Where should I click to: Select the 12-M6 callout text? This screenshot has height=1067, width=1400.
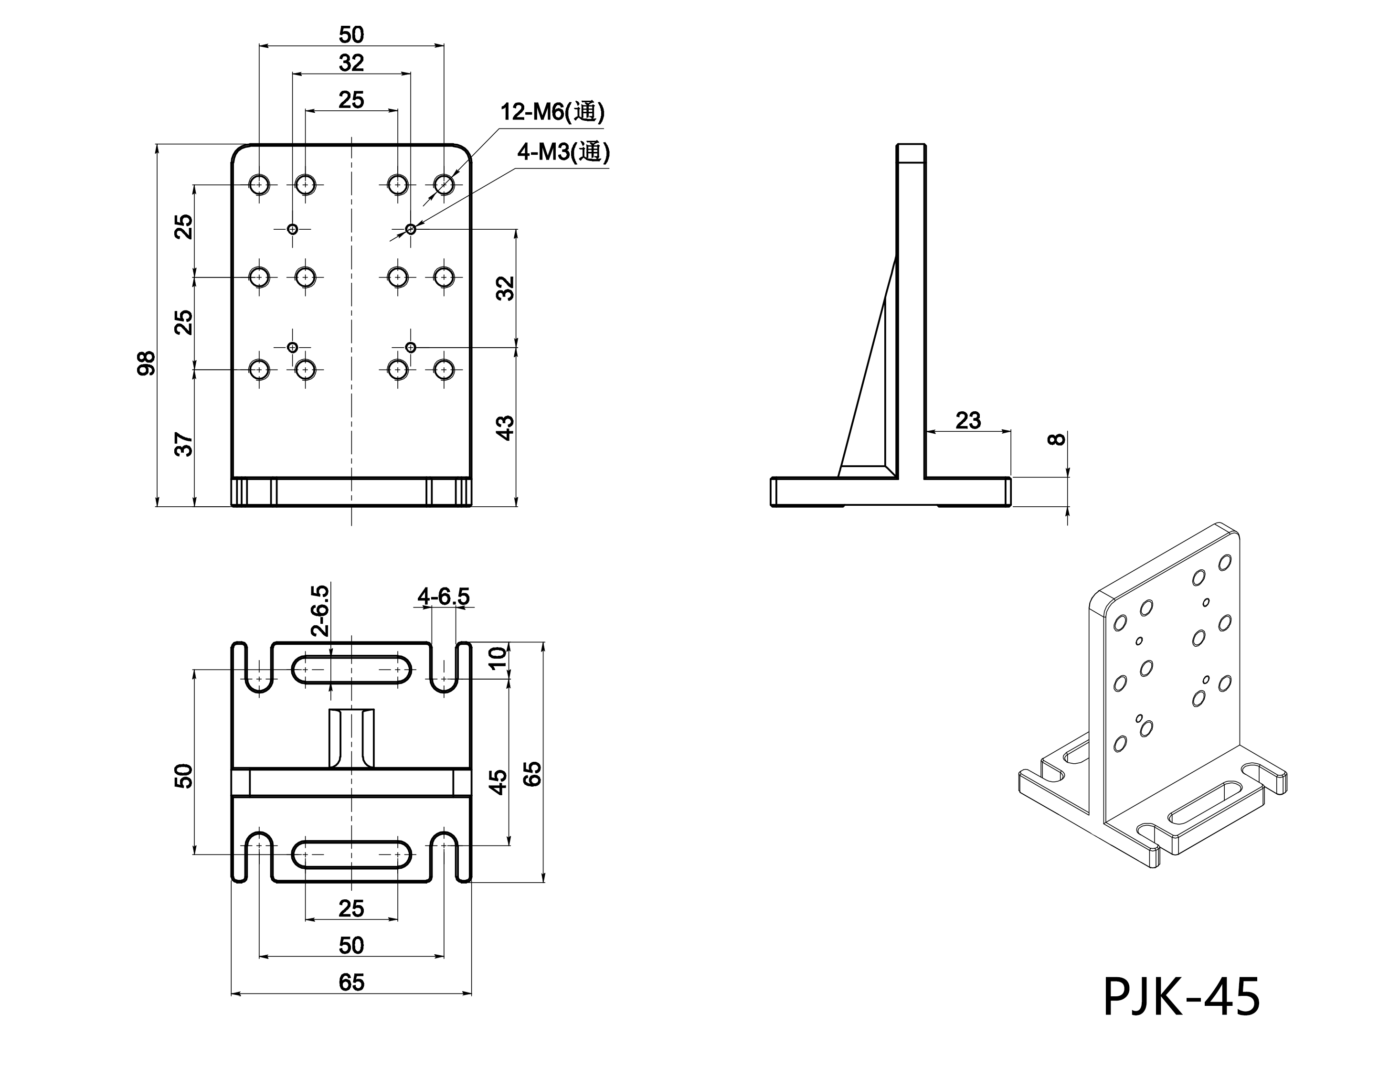click(x=552, y=112)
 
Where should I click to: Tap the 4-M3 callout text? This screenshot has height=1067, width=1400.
click(x=563, y=152)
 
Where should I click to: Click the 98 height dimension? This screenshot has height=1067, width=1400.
click(x=147, y=363)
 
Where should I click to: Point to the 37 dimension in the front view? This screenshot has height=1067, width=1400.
click(x=183, y=444)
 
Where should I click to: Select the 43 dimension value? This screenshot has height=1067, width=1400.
click(x=505, y=427)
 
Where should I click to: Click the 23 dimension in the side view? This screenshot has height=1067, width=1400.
click(x=967, y=420)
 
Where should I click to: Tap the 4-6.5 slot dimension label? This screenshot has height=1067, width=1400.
click(x=443, y=597)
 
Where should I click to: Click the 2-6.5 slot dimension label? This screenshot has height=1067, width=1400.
click(x=321, y=610)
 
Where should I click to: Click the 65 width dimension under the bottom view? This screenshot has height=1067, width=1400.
click(x=351, y=982)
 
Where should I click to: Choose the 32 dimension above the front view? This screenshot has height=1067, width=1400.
click(x=351, y=63)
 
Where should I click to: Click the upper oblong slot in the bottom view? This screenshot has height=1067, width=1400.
click(x=351, y=670)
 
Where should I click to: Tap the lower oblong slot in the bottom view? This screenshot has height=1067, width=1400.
click(x=351, y=854)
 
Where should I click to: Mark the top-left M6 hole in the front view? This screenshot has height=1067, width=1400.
click(x=259, y=185)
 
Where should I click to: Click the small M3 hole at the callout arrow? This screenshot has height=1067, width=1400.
click(x=411, y=229)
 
